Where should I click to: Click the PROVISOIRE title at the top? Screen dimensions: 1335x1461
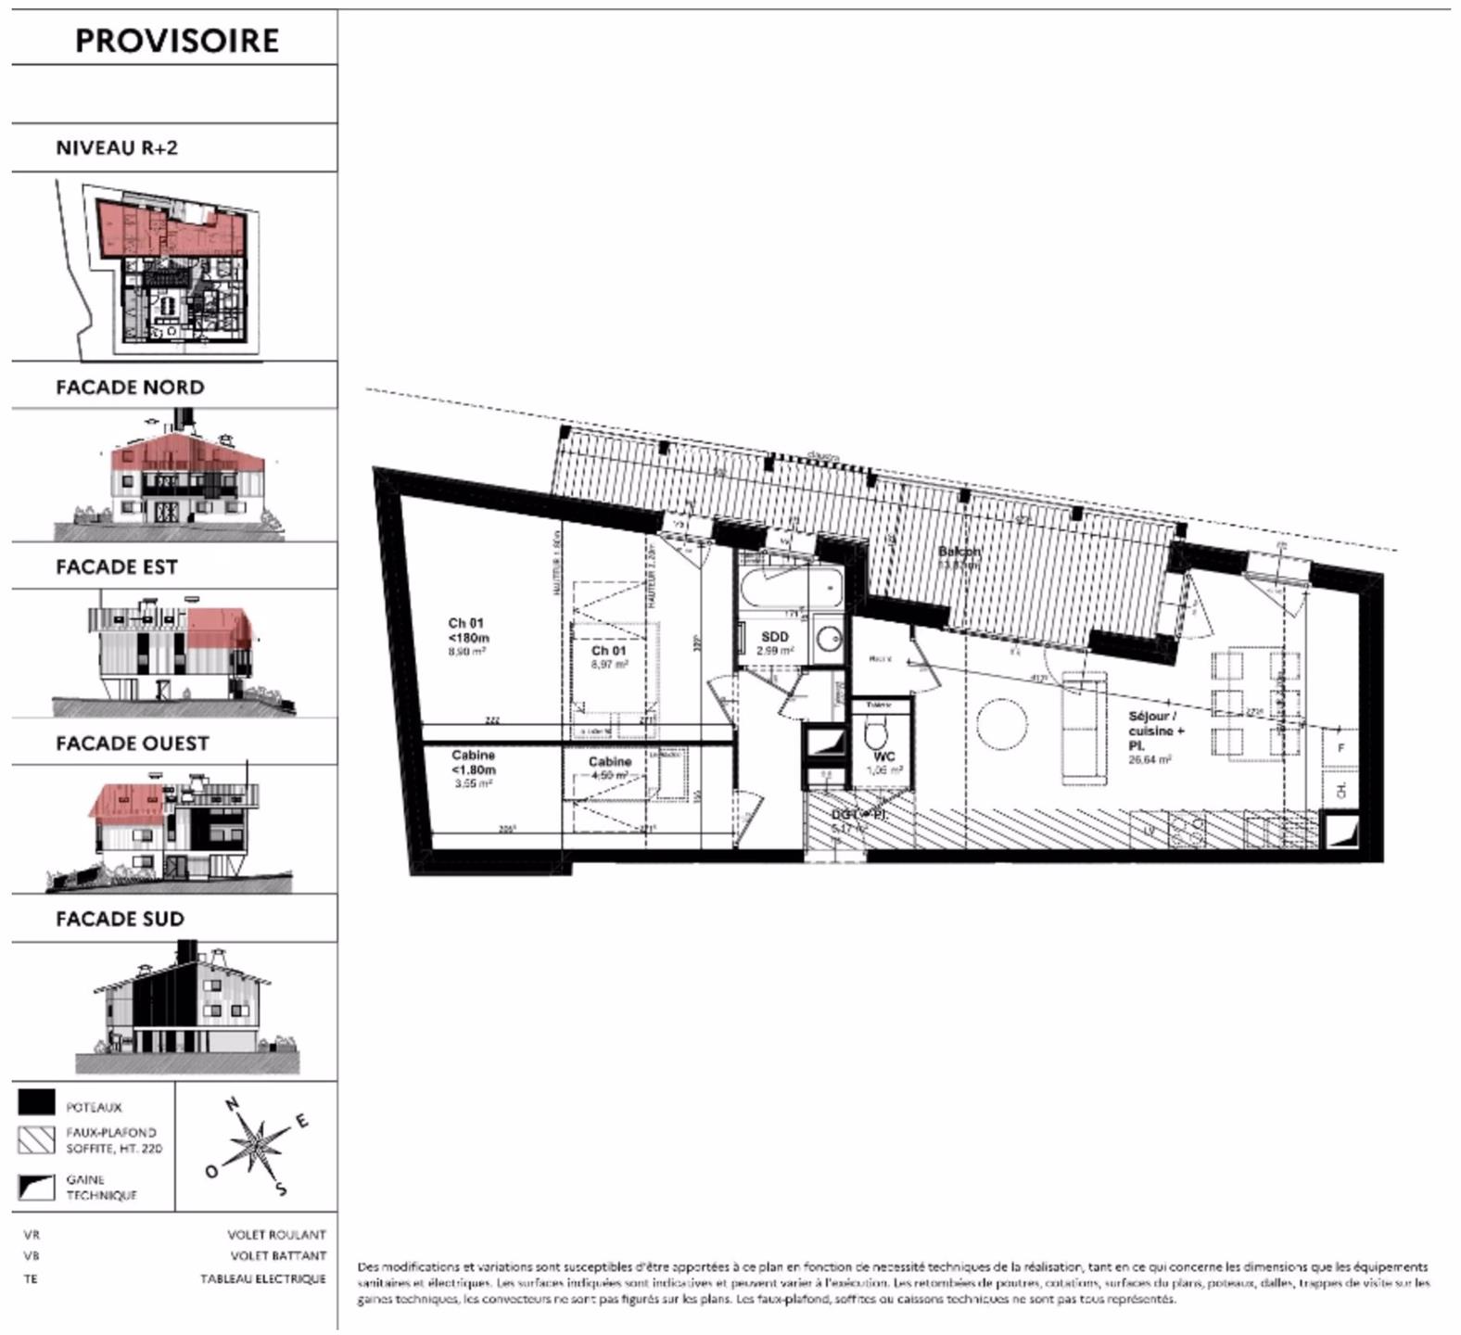click(176, 41)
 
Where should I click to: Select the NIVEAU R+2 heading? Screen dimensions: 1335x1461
click(117, 147)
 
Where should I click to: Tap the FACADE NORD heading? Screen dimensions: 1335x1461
click(130, 387)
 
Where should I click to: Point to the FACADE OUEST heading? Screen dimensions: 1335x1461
click(133, 743)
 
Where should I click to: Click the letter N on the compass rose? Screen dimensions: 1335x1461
click(233, 1103)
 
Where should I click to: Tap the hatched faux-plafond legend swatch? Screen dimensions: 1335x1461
click(36, 1140)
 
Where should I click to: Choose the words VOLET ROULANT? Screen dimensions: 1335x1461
click(276, 1235)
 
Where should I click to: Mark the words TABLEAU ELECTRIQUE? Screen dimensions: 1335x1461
click(263, 1279)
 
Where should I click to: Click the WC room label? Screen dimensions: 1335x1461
click(883, 756)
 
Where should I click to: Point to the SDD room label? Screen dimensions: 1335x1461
click(774, 637)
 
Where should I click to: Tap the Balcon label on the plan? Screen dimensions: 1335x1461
click(959, 552)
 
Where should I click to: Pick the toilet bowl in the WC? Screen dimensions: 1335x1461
click(876, 736)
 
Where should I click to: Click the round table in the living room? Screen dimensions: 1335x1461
click(1001, 724)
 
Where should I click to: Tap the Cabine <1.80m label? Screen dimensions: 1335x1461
click(473, 762)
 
